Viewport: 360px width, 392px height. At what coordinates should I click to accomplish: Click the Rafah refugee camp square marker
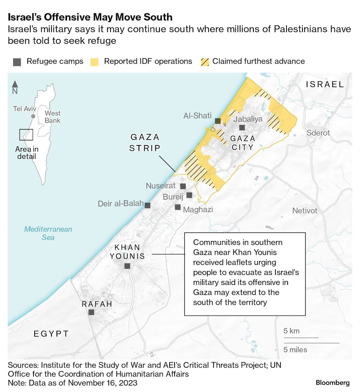(x=91, y=312)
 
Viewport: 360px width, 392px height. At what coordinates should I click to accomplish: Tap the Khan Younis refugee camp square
(x=127, y=266)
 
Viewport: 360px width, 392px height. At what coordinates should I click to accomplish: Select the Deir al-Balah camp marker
(x=147, y=205)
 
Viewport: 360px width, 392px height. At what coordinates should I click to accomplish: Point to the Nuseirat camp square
(x=183, y=186)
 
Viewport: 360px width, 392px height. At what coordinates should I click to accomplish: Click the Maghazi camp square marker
(x=177, y=207)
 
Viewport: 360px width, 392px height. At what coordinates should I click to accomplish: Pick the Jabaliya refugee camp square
(x=242, y=127)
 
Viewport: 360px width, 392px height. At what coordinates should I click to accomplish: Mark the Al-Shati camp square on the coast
(x=218, y=121)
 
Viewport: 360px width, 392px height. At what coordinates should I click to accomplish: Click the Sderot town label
(x=318, y=133)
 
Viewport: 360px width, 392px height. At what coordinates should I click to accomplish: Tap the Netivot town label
(x=305, y=211)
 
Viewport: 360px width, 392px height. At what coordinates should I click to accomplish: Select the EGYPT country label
(x=51, y=334)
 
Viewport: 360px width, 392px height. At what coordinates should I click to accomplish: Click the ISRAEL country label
(x=325, y=84)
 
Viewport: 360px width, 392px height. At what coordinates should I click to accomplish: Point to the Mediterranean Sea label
(x=48, y=233)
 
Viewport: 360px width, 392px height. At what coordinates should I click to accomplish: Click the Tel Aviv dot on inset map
(x=33, y=116)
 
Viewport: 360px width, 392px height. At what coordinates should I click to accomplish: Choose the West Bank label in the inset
(x=53, y=117)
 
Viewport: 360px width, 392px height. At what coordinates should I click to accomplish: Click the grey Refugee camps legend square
(x=17, y=62)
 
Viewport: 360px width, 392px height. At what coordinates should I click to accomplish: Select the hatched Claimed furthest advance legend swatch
(x=204, y=62)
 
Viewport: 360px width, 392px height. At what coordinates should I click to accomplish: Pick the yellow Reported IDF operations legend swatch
(x=95, y=62)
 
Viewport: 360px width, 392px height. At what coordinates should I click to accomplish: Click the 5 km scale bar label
(x=291, y=331)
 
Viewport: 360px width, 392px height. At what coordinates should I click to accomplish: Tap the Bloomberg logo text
(x=333, y=382)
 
